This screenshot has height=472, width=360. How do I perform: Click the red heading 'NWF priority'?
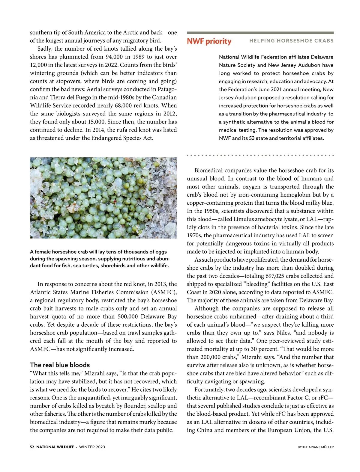click(209, 41)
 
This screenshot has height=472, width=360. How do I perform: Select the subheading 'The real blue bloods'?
click(60, 365)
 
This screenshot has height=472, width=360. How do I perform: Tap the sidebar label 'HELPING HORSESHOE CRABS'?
click(291, 41)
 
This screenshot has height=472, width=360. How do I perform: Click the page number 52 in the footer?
click(32, 447)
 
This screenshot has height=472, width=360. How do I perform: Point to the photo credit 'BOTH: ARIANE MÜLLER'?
click(316, 447)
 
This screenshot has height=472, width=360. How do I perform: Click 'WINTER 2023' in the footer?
click(92, 447)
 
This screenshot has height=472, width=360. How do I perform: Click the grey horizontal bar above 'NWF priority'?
click(260, 33)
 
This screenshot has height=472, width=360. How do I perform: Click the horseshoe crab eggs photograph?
click(103, 198)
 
